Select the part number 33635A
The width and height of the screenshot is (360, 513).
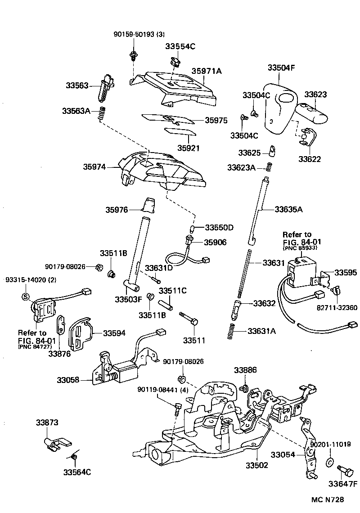coord(288,209)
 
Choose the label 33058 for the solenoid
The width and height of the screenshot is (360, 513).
coord(68,380)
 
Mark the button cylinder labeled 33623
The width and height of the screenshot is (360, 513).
coord(313,112)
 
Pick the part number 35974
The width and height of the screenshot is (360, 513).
coord(94,166)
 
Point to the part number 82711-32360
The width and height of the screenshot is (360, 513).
coord(336,308)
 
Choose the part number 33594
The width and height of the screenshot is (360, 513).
coord(115,333)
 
